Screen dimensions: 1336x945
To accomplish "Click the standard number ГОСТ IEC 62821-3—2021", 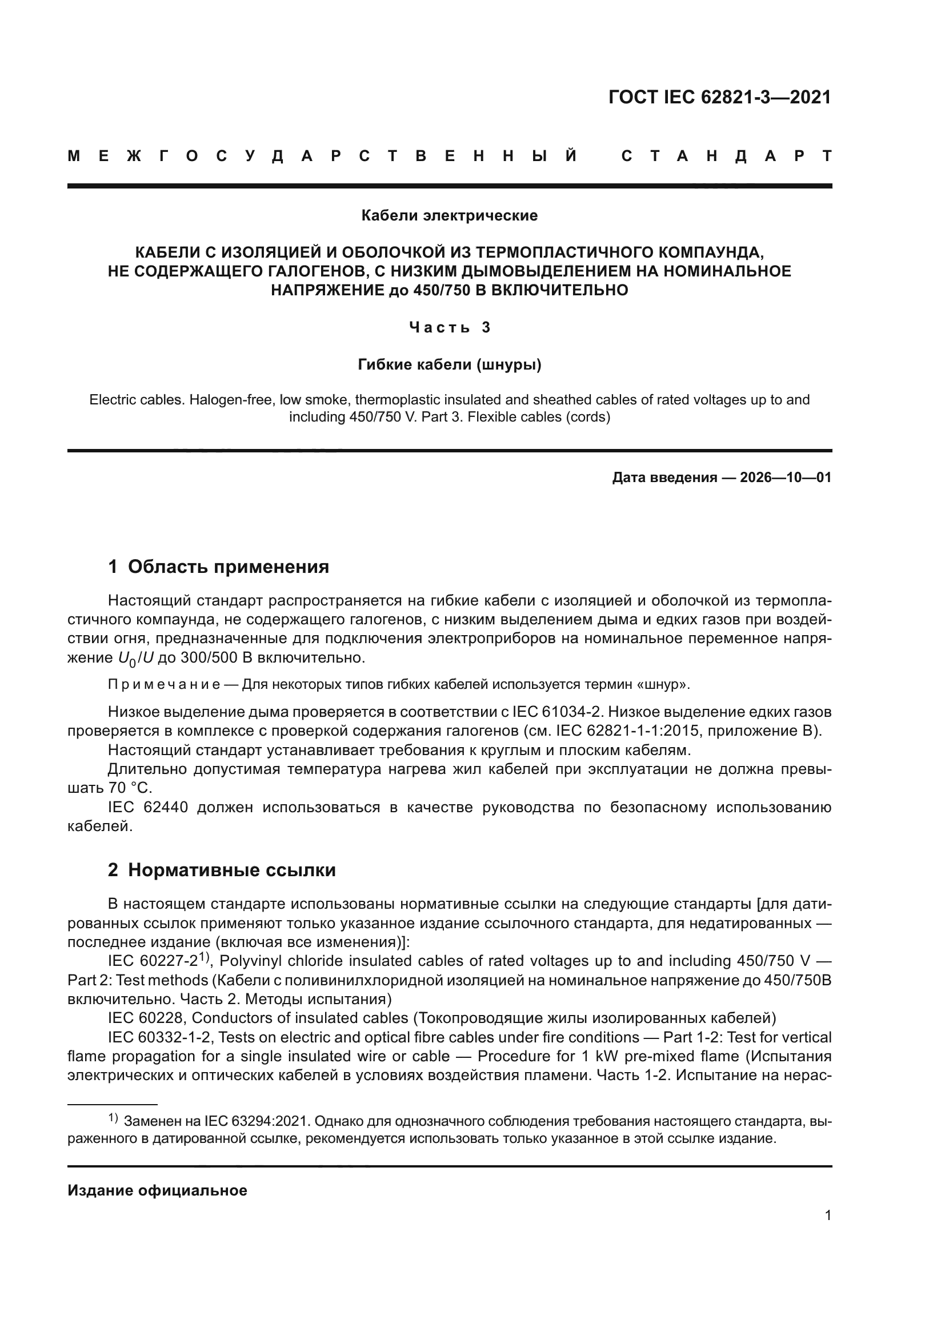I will point(719,97).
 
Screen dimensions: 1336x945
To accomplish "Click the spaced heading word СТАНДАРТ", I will point(726,157).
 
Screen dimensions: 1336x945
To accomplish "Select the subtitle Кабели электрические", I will point(449,216).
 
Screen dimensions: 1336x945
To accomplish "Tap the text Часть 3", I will point(449,328).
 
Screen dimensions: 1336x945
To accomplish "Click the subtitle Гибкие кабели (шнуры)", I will point(449,365).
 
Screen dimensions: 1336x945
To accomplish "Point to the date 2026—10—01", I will point(786,478).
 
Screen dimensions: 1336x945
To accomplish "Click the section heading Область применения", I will point(228,567).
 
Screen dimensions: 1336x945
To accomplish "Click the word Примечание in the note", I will point(163,684).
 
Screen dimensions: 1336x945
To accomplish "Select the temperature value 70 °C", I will point(130,788).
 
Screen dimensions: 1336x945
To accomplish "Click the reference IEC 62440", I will point(148,808).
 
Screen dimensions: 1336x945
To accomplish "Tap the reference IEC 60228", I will point(145,1018).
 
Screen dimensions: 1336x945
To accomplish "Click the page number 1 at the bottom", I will point(827,1215).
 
